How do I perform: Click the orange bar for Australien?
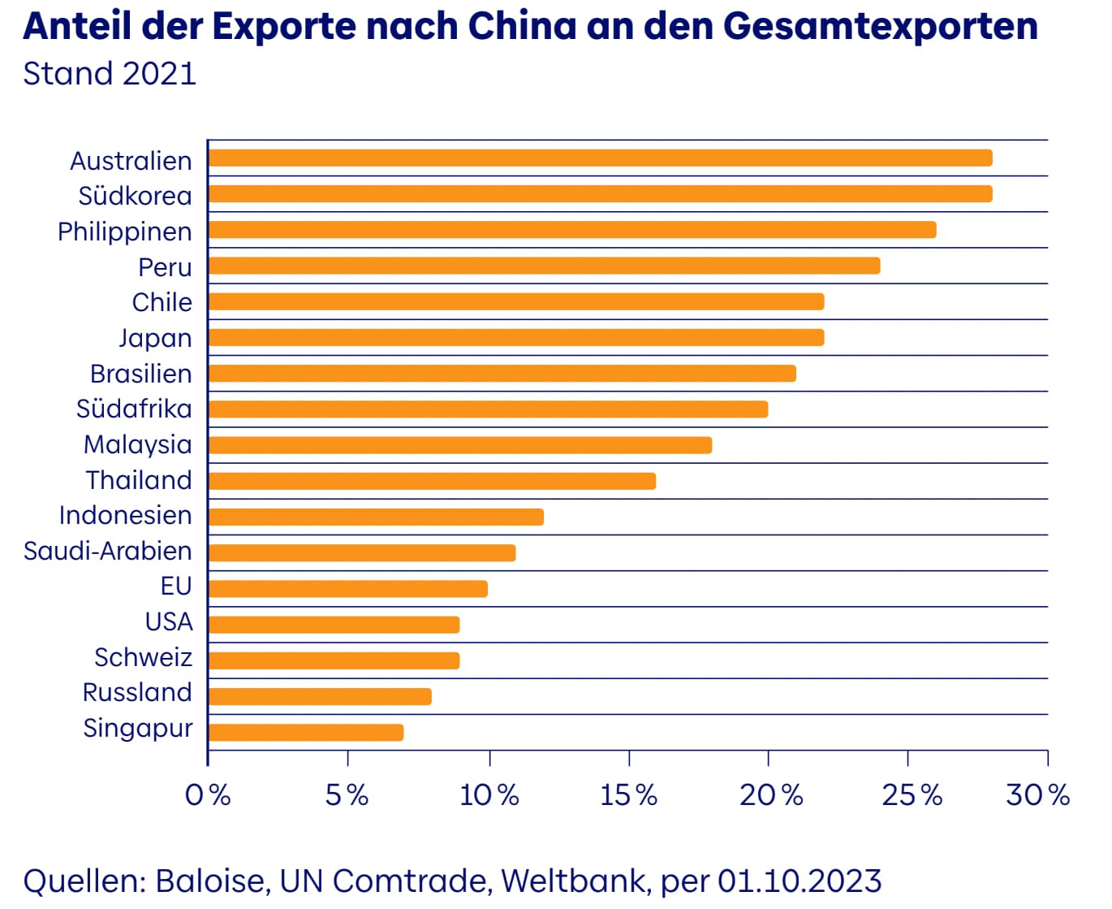600,158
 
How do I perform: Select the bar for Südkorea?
600,194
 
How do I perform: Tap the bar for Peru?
544,266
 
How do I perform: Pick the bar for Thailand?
432,481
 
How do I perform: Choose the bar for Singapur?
306,733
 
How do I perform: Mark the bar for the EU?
347,589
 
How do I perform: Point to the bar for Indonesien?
376,517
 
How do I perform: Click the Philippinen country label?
125,232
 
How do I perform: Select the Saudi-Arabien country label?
108,552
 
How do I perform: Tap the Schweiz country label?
143,657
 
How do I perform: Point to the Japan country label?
155,338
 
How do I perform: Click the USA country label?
169,622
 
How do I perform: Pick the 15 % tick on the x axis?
628,794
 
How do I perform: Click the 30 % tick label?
1037,794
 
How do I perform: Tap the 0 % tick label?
208,794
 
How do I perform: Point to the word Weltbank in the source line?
575,881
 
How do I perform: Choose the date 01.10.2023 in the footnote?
799,881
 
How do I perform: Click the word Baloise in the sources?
210,881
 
